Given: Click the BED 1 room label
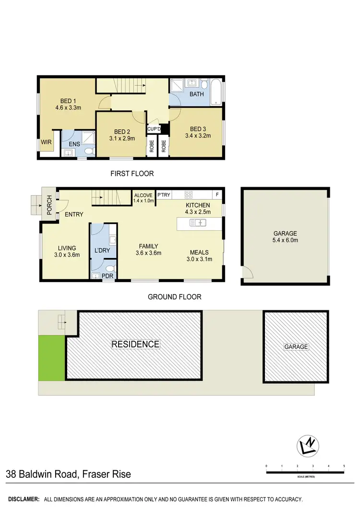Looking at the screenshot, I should pos(68,101).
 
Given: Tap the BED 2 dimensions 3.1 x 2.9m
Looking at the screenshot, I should pos(122,139).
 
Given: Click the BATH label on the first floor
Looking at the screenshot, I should pos(196,94).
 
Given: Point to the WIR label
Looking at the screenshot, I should pos(46,142).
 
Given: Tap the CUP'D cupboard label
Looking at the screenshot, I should pos(154,129).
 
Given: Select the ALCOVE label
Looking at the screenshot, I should pos(144,195).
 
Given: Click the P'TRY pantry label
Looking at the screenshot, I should pos(164,195).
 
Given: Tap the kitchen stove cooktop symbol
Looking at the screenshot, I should pos(189,195).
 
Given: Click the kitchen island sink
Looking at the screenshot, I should pos(197,223).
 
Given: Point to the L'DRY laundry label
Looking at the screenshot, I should pos(102,250).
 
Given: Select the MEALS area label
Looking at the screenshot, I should pos(199,252).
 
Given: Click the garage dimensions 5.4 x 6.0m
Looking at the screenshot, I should pos(285,240).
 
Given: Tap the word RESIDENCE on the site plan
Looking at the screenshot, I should pos(135,344).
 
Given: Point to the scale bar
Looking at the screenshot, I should pos(305,473).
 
